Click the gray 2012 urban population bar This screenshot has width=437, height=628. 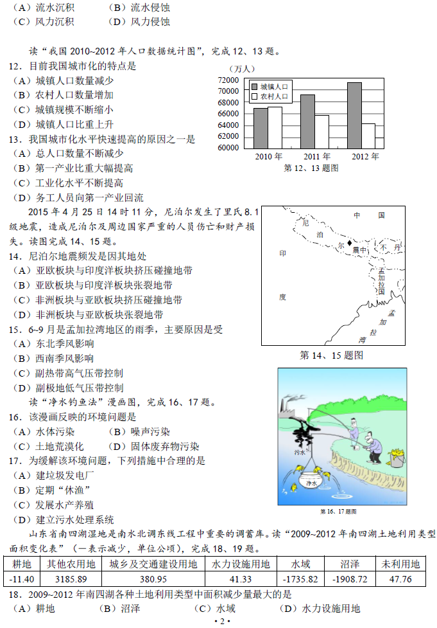pos(354,115)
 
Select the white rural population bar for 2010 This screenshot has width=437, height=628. pos(275,127)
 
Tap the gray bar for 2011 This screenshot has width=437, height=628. pos(307,121)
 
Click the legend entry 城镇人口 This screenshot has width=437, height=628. pos(270,86)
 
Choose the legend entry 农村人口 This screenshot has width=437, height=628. pos(270,97)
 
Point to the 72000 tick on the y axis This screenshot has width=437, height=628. pos(228,80)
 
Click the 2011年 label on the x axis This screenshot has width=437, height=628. pos(316,157)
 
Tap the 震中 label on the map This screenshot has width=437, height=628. pos(360,249)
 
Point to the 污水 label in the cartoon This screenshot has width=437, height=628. pos(299,453)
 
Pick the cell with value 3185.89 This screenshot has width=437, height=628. pos(71,579)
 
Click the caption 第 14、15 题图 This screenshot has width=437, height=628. pos(332,354)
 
